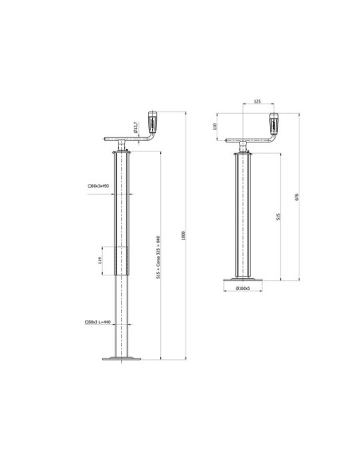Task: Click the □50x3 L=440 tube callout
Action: (x=96, y=322)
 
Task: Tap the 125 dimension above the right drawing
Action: (x=257, y=102)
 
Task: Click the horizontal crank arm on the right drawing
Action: (x=253, y=140)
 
